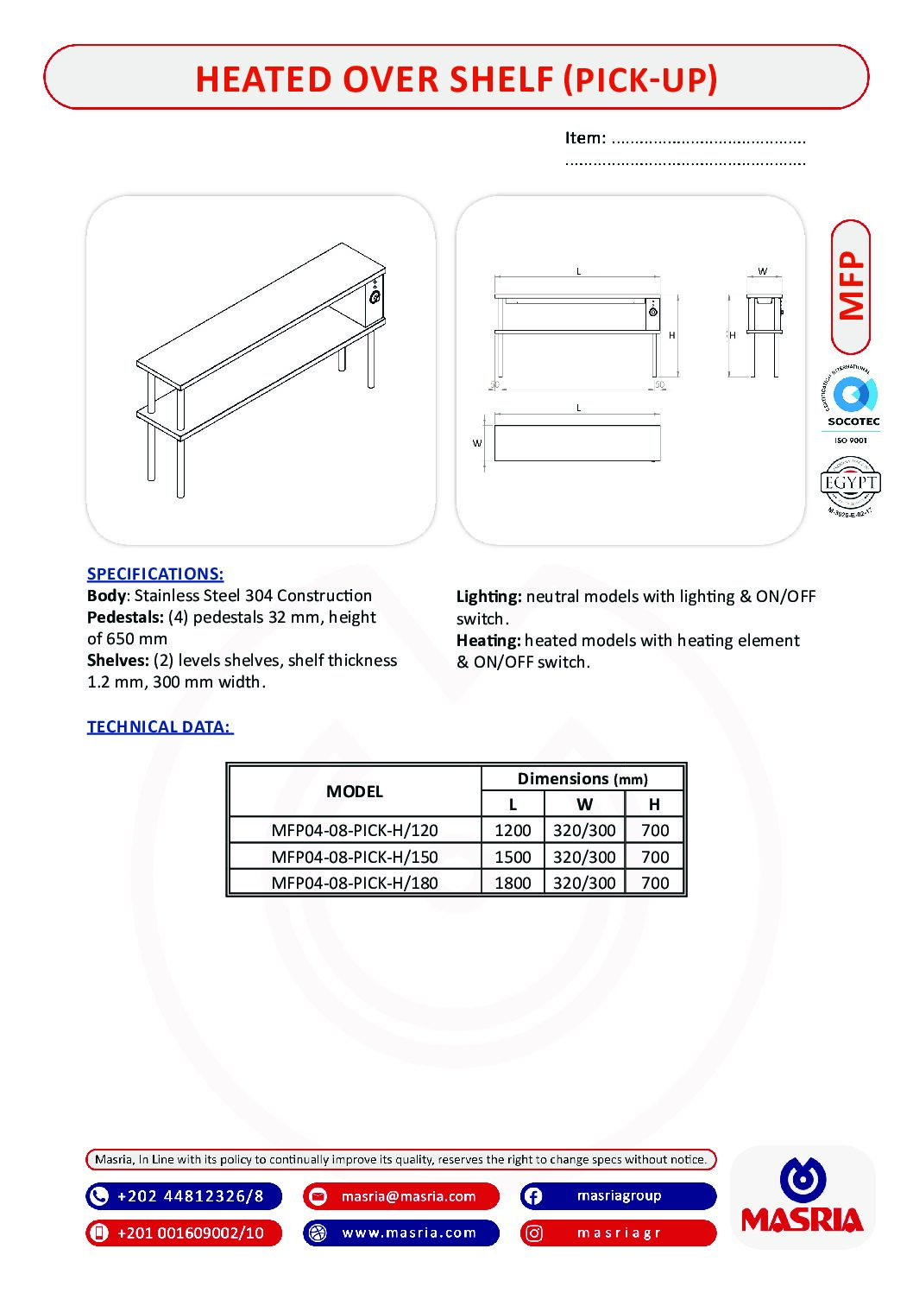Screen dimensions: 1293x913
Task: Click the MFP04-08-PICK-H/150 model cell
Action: tap(355, 857)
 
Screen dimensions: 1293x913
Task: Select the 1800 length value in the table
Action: tap(513, 883)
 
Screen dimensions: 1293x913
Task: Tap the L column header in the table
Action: tap(513, 804)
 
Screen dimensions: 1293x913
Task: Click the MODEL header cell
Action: tap(355, 791)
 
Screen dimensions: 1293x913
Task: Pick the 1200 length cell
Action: tap(513, 830)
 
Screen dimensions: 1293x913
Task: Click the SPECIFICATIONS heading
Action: tap(155, 574)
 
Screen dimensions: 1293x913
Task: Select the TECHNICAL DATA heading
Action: tap(160, 726)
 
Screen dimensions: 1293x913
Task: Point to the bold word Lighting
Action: tap(488, 596)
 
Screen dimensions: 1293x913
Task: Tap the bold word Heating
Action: tap(488, 640)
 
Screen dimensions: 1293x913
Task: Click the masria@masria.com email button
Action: tap(401, 1196)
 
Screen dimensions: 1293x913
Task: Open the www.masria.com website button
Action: tap(401, 1233)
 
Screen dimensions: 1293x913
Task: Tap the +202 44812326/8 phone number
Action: tap(184, 1196)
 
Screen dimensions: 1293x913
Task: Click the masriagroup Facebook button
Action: tap(618, 1196)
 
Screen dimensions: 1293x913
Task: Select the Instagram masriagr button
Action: tap(618, 1233)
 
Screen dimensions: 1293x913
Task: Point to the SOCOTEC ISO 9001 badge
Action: tap(852, 404)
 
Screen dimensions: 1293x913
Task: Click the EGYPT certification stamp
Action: tap(851, 485)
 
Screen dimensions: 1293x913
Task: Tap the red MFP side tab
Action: tap(851, 287)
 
